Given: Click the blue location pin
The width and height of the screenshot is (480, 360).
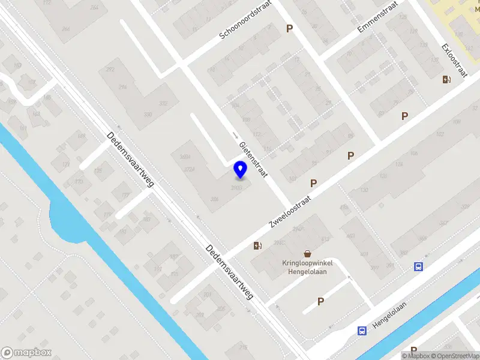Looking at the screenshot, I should (x=240, y=170).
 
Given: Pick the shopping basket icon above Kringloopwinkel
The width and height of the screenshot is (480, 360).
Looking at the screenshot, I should (x=308, y=253).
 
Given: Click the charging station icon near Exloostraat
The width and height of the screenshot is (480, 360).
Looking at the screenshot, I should (x=446, y=79).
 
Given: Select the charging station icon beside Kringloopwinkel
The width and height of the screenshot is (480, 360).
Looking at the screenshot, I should (x=257, y=245).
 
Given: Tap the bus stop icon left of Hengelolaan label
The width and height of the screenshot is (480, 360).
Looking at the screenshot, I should (x=362, y=330).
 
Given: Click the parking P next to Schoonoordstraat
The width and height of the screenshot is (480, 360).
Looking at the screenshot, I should (x=290, y=28).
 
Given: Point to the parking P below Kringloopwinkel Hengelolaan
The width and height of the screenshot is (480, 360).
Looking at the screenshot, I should (x=320, y=301).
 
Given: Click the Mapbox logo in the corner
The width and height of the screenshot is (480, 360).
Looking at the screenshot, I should (x=26, y=353).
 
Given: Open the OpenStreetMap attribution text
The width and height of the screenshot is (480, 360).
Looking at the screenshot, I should (x=454, y=356).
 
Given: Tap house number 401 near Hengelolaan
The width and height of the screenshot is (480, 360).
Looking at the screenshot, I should (x=364, y=254).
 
